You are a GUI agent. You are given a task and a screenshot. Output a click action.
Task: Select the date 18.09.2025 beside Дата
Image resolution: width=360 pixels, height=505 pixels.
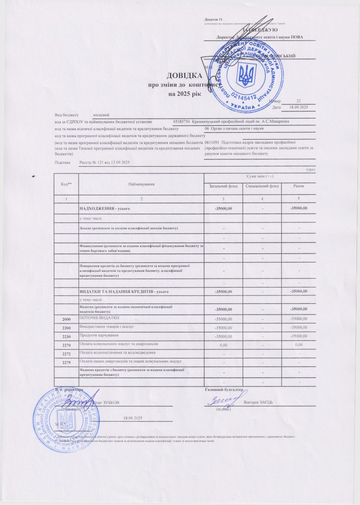point(298,107)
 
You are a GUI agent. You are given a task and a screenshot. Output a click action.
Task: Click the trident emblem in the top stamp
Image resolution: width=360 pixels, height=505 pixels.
point(245,74)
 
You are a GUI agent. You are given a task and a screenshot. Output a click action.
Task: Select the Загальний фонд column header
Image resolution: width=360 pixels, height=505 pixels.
point(223,186)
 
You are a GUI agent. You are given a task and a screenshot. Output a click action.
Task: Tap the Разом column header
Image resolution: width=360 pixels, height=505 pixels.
point(298,186)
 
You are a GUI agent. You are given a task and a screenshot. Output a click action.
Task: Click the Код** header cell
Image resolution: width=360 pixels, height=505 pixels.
point(67,184)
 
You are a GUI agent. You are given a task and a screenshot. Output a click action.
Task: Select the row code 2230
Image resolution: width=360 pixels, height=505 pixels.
point(67,336)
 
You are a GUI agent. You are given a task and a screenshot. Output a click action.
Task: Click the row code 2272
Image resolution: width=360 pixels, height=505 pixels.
point(67,353)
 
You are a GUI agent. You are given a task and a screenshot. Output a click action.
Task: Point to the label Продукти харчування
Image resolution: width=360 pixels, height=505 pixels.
point(98,335)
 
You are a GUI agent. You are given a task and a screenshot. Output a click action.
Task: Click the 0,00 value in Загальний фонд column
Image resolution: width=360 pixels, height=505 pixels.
point(223,345)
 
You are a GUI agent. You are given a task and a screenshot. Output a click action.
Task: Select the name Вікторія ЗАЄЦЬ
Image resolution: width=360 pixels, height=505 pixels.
point(261,402)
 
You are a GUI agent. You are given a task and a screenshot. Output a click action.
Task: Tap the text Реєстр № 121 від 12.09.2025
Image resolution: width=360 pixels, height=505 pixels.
point(105,162)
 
